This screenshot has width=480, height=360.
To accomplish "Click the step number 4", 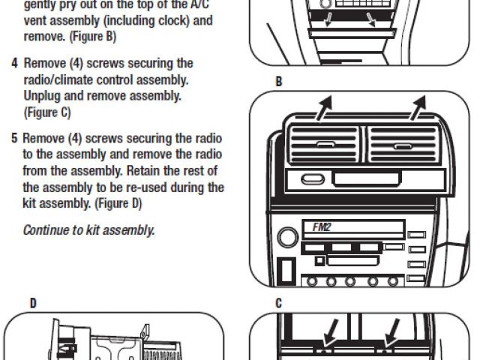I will click(x=14, y=64).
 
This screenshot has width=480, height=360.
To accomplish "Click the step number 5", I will click(x=14, y=139).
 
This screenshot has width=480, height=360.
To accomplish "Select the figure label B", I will click(x=279, y=82).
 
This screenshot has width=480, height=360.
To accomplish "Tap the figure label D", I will click(x=33, y=303).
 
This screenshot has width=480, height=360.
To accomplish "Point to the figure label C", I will click(x=279, y=303).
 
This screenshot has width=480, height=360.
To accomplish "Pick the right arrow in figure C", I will click(x=391, y=331).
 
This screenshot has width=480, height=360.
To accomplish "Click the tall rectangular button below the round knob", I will click(x=284, y=271).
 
